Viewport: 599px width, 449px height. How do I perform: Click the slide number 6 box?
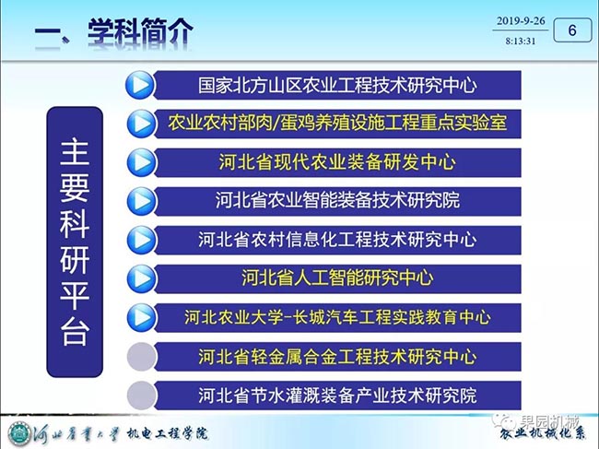572,30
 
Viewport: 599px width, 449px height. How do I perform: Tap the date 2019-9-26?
521,21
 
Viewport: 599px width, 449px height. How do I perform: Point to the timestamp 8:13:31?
521,41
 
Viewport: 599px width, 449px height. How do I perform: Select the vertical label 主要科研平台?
75,242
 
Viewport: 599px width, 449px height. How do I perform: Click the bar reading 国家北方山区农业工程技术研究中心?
337,85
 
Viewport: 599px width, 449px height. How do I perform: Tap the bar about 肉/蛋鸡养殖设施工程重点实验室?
337,124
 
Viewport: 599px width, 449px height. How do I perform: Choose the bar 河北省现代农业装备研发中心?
337,162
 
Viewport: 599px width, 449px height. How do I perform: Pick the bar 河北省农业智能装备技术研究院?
337,201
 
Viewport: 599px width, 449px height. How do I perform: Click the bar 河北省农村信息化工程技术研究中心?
337,240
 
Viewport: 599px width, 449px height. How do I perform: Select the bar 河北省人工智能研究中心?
337,278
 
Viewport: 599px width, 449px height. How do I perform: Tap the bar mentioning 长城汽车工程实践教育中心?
337,317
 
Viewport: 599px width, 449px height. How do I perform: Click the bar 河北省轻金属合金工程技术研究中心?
337,357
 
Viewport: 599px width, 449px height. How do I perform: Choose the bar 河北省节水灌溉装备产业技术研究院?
337,396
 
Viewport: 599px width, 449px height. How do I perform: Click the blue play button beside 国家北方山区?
140,85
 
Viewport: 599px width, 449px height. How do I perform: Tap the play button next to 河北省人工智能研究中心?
141,278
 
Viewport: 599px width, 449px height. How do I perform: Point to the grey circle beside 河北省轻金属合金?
141,357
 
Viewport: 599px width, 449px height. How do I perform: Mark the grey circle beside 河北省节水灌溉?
141,396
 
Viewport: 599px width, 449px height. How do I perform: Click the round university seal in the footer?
19,433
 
